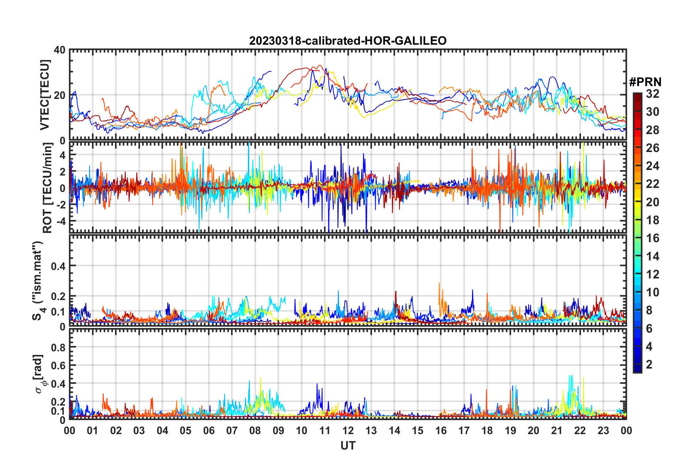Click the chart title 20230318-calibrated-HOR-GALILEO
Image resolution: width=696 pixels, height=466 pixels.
[x=348, y=41]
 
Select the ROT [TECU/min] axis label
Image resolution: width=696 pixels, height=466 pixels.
[x=47, y=188]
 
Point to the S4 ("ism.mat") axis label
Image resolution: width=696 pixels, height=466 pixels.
[x=38, y=281]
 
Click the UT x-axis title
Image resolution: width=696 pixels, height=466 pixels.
[x=348, y=445]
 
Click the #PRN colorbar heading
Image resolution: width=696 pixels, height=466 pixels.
[x=645, y=82]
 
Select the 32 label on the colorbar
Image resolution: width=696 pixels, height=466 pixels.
[x=652, y=94]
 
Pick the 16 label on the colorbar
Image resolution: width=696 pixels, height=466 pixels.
[x=652, y=238]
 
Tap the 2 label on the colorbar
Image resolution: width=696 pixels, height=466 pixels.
[x=650, y=365]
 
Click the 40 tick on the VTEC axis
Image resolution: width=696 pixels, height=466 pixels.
[x=60, y=50]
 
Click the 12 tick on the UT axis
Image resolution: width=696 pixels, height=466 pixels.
[x=348, y=430]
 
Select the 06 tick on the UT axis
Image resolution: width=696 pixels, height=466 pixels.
[x=209, y=430]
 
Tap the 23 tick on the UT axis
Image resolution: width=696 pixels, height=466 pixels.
[x=603, y=430]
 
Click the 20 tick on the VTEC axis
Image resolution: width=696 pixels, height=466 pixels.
[x=60, y=95]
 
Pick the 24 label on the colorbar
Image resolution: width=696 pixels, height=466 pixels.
[x=652, y=166]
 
